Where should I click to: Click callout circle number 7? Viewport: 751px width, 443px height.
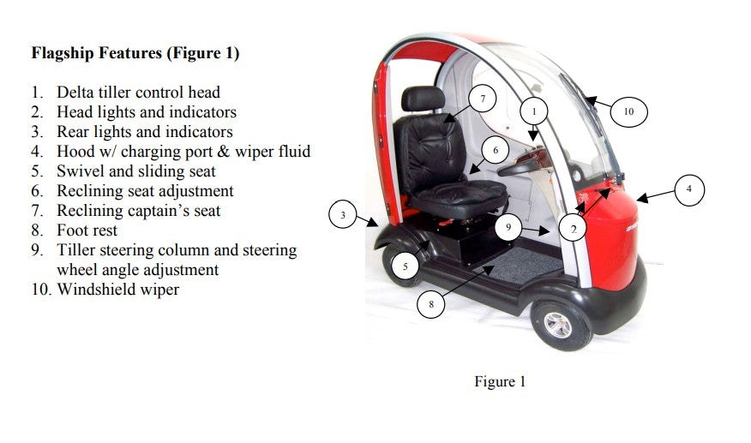tap(483, 99)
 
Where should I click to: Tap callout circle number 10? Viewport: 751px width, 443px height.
tap(628, 111)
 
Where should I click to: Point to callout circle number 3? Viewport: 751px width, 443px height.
tap(343, 215)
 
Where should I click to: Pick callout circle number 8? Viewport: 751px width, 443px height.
tap(431, 303)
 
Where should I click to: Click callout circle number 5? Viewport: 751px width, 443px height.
tap(405, 266)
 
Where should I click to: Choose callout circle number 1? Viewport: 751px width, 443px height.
tap(534, 111)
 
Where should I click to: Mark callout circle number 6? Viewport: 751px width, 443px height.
tap(496, 151)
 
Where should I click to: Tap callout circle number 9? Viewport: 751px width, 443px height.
tap(508, 227)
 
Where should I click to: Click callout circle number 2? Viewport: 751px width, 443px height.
tap(573, 229)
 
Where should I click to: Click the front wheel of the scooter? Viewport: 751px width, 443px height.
tap(562, 323)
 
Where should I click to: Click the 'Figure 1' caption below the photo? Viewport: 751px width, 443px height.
tap(500, 381)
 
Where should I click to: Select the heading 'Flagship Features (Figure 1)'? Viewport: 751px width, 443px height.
tap(135, 53)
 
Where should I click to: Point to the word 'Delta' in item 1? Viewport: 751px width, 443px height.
tap(76, 93)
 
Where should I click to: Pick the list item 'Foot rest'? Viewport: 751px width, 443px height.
tap(87, 230)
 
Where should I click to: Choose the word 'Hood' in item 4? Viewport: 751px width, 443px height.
tap(75, 152)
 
